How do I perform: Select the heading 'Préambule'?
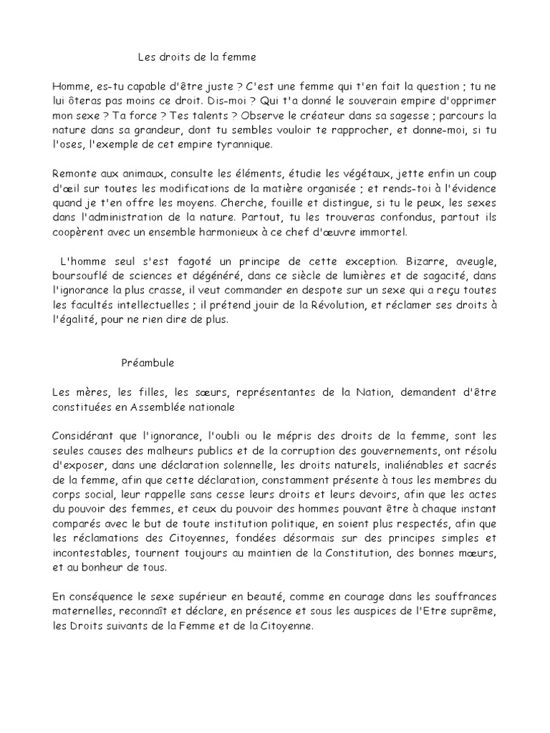[147, 363]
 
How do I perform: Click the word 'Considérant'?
[84, 437]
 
